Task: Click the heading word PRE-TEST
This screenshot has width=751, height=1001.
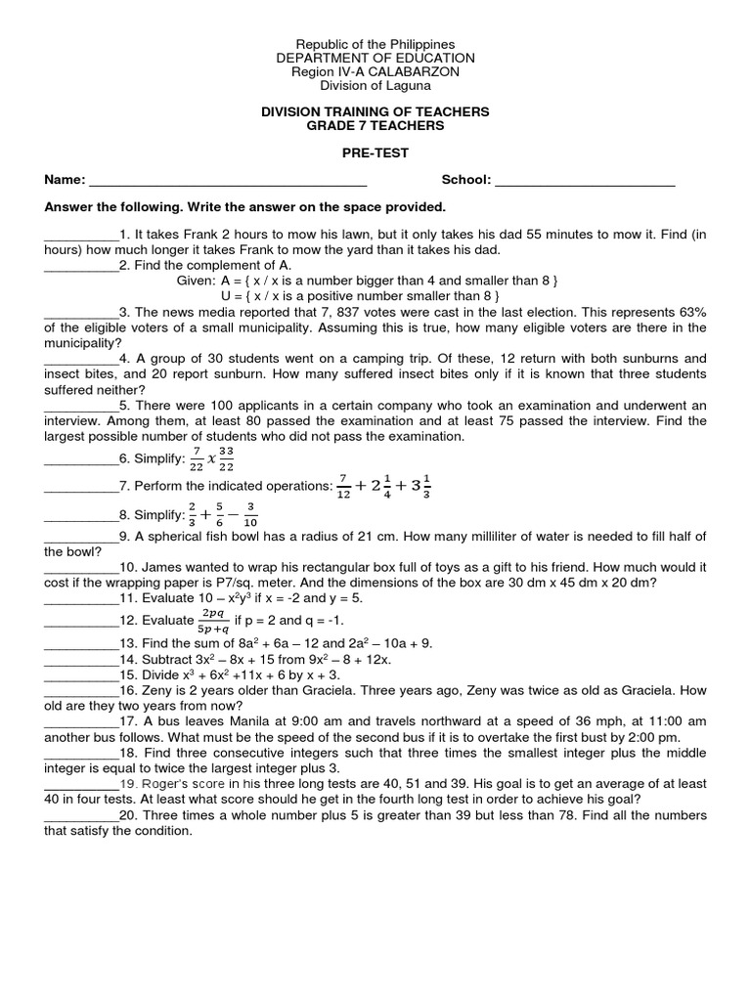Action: (x=375, y=153)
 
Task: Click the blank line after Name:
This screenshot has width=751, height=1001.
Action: (x=227, y=181)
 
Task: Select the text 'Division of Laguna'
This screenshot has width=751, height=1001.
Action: (x=375, y=86)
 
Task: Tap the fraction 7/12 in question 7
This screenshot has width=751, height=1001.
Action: (x=343, y=486)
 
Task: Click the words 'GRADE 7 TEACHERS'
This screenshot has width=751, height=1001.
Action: (x=375, y=126)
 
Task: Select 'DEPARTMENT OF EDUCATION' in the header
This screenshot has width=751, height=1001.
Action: (x=375, y=59)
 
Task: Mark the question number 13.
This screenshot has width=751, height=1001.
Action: (x=127, y=643)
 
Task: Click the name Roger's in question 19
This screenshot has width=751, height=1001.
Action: (x=169, y=784)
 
